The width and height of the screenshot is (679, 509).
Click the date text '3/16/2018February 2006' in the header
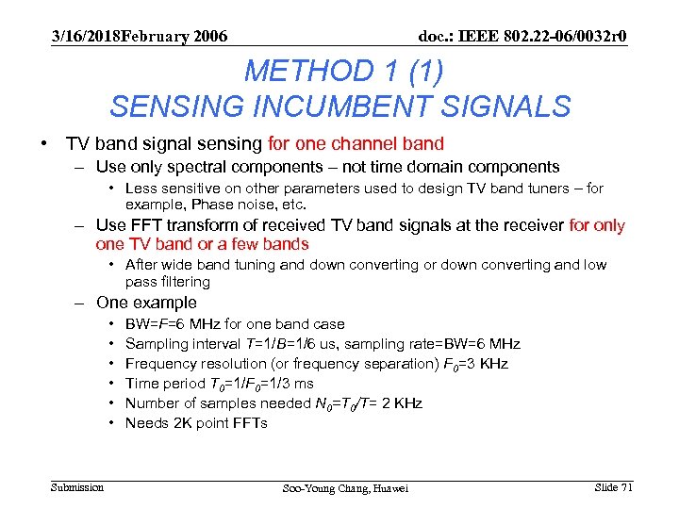coord(140,37)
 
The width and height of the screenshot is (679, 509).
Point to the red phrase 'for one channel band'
coord(356,144)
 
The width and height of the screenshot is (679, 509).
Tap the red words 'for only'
coord(597,225)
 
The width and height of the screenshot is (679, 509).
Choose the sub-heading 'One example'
coord(146,303)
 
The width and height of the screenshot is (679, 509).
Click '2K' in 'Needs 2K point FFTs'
coord(177,423)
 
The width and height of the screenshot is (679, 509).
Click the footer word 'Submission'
coord(77,486)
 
